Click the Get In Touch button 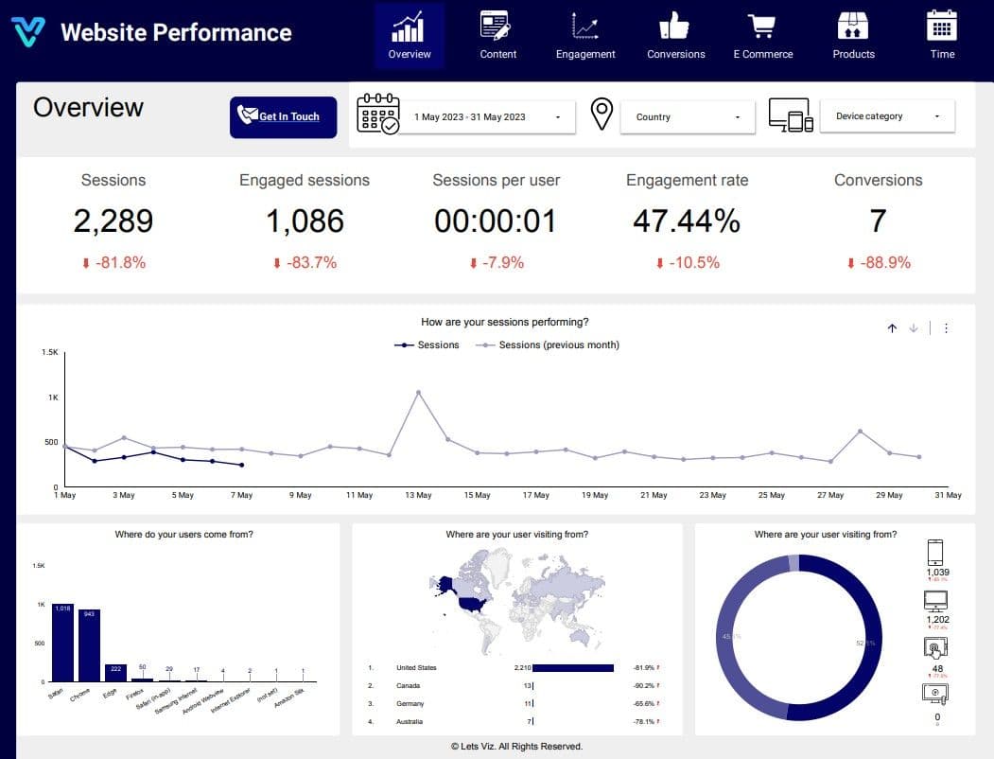(283, 117)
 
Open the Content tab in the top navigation (497, 36)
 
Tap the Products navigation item (853, 36)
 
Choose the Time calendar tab (942, 36)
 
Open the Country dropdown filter (688, 117)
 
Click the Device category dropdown (887, 116)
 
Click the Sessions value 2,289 (113, 221)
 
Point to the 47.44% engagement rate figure (687, 221)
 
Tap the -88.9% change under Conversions (879, 263)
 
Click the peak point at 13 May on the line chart (418, 392)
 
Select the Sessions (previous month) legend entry (558, 345)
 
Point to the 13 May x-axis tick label (417, 495)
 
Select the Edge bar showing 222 (115, 672)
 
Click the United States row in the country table (416, 668)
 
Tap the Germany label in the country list (410, 704)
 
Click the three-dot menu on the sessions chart (946, 328)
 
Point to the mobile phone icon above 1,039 (936, 552)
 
